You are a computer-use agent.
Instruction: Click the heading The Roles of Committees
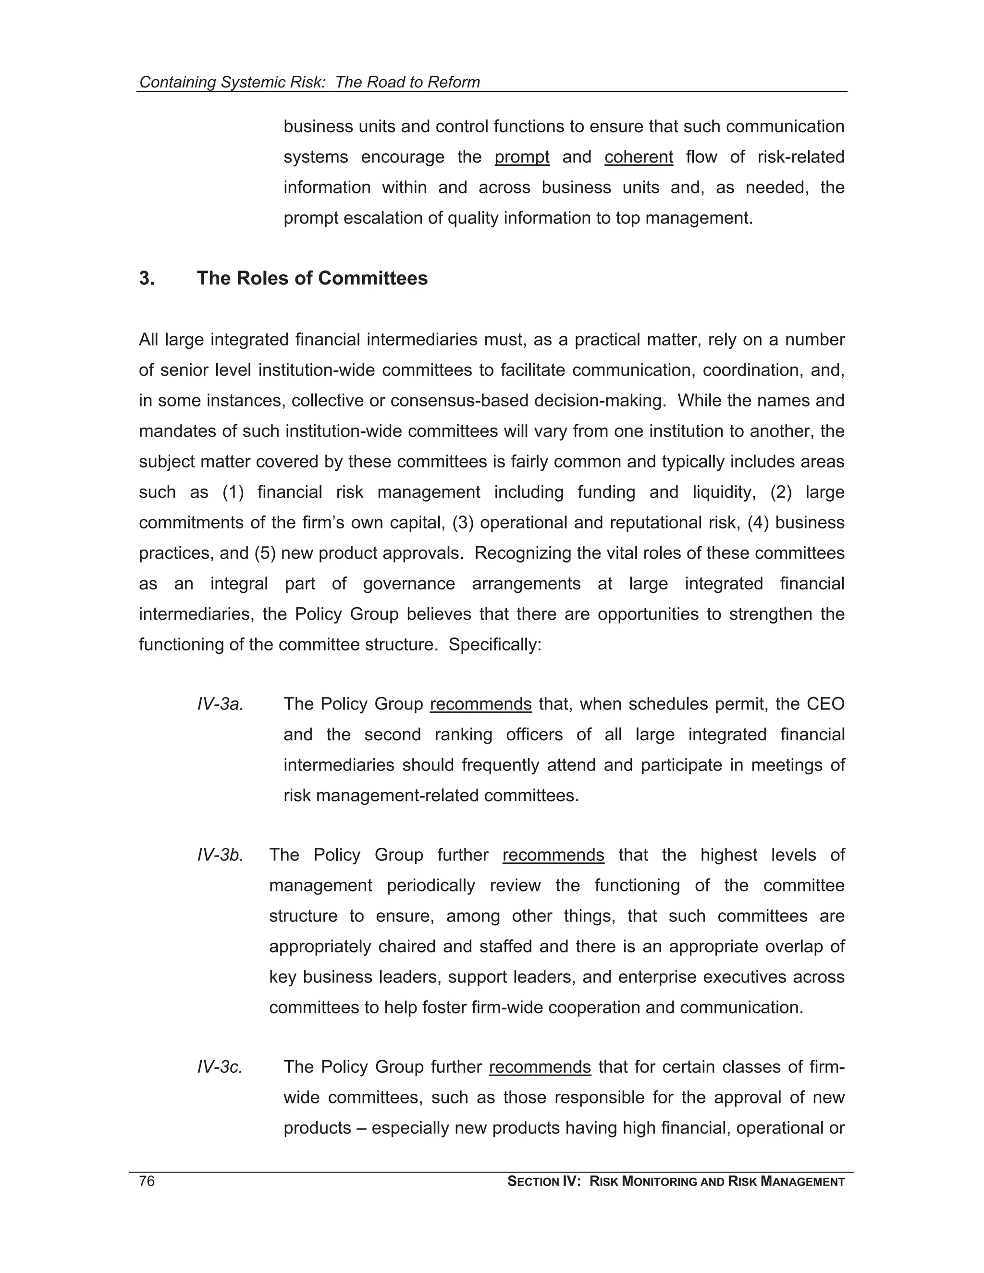point(312,278)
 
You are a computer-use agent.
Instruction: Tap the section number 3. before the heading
point(147,278)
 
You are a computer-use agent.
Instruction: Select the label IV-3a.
point(220,704)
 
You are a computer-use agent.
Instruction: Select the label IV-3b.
point(220,855)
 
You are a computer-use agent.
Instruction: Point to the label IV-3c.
point(219,1066)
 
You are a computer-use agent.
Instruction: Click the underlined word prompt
point(522,158)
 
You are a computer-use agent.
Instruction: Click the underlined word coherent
point(639,158)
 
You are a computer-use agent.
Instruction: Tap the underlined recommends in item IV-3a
point(480,704)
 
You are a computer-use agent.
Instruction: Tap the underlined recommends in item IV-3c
point(540,1066)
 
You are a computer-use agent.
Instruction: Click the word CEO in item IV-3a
point(825,704)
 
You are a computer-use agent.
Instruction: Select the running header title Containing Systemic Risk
point(232,82)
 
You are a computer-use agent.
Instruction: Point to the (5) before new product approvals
point(265,553)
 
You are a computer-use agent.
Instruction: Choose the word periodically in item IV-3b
point(431,885)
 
